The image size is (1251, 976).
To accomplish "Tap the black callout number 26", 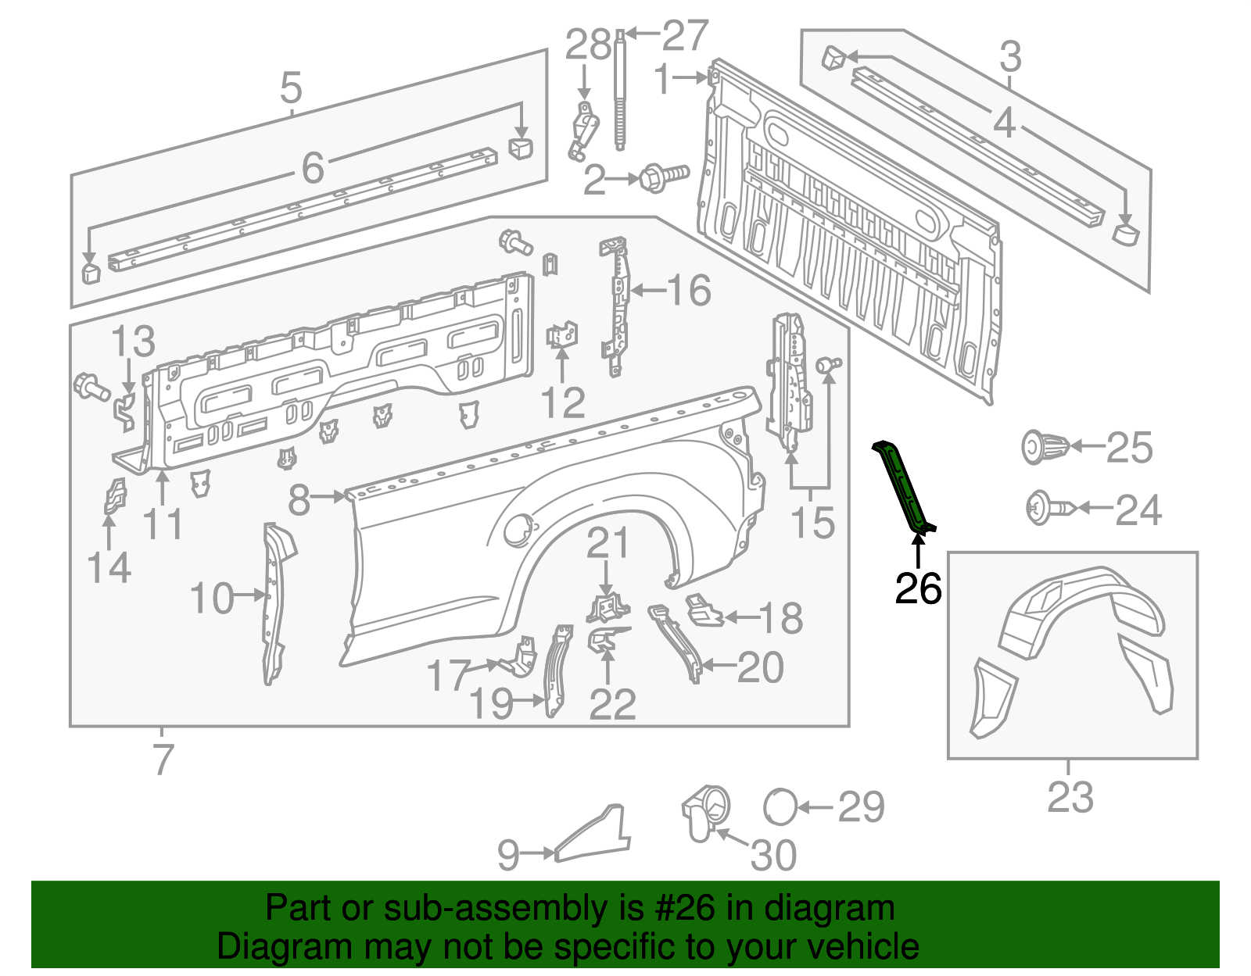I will (x=918, y=588).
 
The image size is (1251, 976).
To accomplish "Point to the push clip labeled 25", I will (x=1045, y=447).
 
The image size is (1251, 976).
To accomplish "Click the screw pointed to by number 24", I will (x=1048, y=509).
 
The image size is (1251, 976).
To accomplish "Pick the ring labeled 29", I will (x=780, y=806).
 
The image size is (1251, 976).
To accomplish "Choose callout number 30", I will (x=773, y=855).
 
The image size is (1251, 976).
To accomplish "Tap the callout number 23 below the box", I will (x=1070, y=797).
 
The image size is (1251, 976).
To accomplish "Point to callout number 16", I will (x=689, y=291).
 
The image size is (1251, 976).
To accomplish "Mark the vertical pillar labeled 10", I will (x=274, y=602).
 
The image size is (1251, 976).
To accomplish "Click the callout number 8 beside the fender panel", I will (x=299, y=500).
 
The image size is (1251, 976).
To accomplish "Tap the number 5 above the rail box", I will (x=291, y=88).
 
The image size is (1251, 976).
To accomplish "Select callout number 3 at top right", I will (x=1010, y=57).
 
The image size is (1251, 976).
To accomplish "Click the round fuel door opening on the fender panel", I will (x=517, y=531).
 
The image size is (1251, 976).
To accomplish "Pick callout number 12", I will (x=562, y=403).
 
